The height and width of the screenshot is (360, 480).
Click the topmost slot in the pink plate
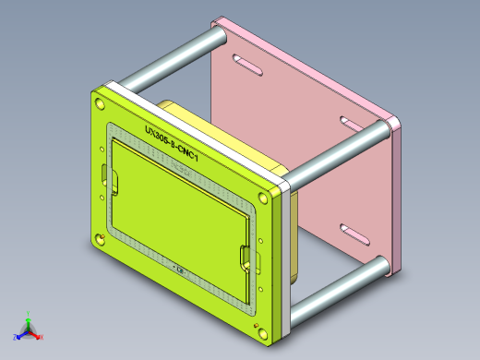(246, 65)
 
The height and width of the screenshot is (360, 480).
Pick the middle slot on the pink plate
(352, 123)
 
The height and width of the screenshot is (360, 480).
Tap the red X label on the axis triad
(42, 338)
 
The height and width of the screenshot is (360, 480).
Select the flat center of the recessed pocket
(180, 208)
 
